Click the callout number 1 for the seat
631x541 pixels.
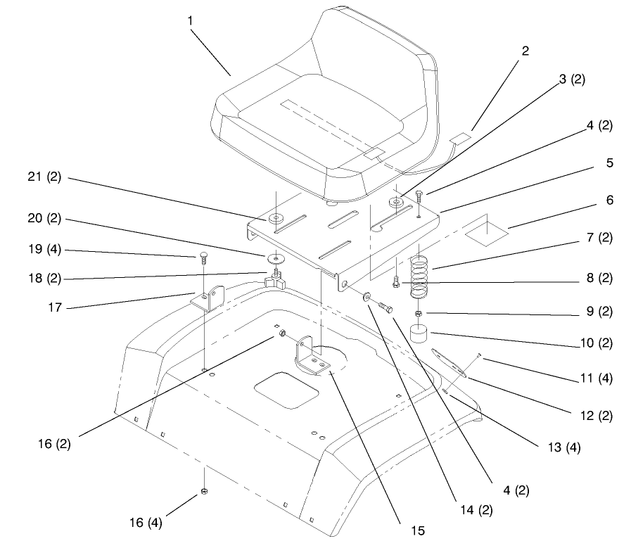[x=191, y=20]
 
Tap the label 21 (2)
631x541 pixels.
[x=44, y=177]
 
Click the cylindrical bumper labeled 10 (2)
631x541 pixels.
[x=419, y=333]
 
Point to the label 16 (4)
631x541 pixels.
[x=146, y=523]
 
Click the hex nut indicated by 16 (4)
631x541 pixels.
[x=204, y=491]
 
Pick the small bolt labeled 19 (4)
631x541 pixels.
[x=203, y=259]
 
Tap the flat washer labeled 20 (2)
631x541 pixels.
[x=276, y=256]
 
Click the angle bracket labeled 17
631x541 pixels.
[x=208, y=298]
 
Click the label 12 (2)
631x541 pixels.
[x=597, y=416]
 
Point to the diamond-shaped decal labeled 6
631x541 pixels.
[x=487, y=234]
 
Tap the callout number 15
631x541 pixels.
[x=418, y=531]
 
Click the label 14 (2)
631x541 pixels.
[x=476, y=511]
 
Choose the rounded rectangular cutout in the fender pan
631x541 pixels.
[x=286, y=390]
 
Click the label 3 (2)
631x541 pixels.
[x=572, y=79]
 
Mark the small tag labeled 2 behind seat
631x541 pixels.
[x=460, y=139]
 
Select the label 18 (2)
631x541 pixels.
[x=44, y=279]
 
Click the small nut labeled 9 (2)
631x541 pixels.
[x=419, y=313]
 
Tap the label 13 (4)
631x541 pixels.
[x=564, y=447]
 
